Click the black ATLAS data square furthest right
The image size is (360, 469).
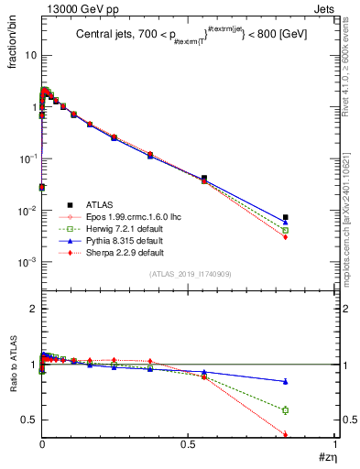pos(286,217)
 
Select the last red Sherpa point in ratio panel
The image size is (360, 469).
pos(286,435)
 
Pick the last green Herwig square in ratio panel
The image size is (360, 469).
pos(286,409)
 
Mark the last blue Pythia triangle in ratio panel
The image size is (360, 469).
pos(286,381)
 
